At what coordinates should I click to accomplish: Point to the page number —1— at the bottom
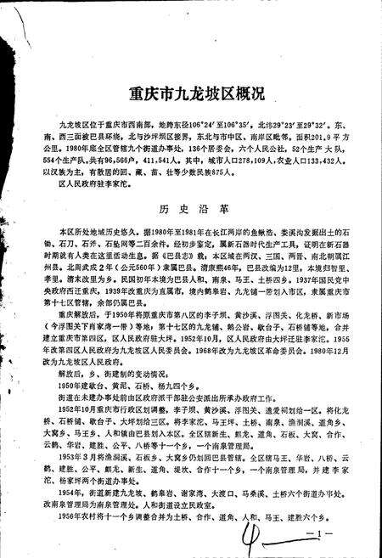pos(308,533)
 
